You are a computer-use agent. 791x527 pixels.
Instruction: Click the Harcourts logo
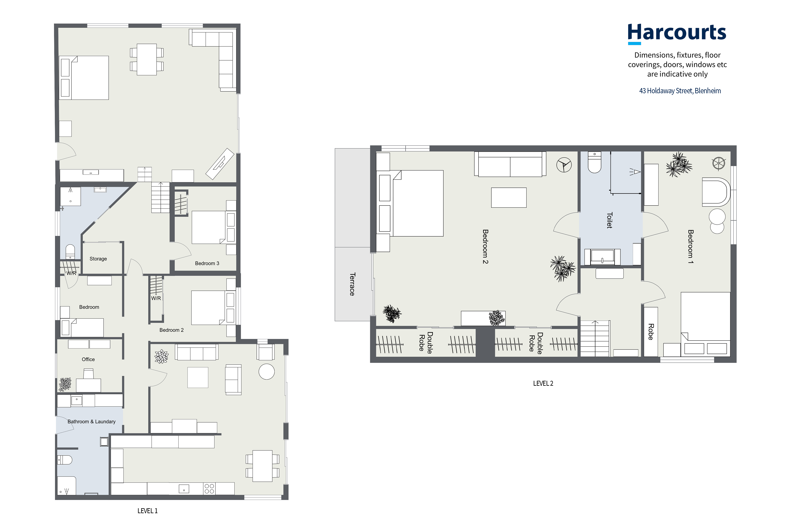click(x=677, y=34)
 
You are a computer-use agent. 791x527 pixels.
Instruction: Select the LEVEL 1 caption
click(x=147, y=511)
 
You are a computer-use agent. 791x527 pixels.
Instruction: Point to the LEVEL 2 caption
click(x=543, y=384)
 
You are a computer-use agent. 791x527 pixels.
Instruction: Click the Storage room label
click(x=98, y=259)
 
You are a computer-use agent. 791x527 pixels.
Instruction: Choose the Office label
click(x=88, y=359)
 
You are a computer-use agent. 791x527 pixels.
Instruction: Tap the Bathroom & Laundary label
click(x=92, y=421)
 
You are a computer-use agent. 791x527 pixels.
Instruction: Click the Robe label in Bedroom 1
click(x=651, y=332)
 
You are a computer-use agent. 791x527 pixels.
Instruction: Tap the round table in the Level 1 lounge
click(x=267, y=372)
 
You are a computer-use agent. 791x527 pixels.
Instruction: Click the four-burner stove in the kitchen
click(x=209, y=489)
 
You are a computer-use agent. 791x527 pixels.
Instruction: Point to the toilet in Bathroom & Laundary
click(x=65, y=459)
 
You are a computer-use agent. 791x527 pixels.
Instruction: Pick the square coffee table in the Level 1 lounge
click(x=198, y=377)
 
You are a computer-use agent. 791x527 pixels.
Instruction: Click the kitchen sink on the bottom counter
click(x=184, y=489)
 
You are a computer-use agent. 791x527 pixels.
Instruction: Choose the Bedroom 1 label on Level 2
click(x=690, y=246)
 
